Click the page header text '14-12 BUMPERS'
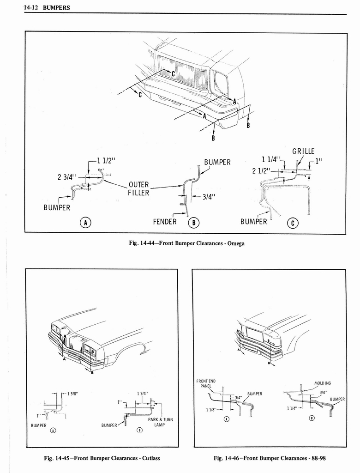tap(39, 7)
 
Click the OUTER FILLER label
tap(139, 188)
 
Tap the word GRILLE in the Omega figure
tap(303, 152)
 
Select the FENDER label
tap(165, 221)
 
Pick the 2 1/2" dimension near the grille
tap(261, 170)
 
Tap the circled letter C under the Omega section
tap(293, 223)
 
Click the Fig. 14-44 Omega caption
tap(185, 244)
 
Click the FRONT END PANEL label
tap(206, 383)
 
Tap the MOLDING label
tap(323, 383)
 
